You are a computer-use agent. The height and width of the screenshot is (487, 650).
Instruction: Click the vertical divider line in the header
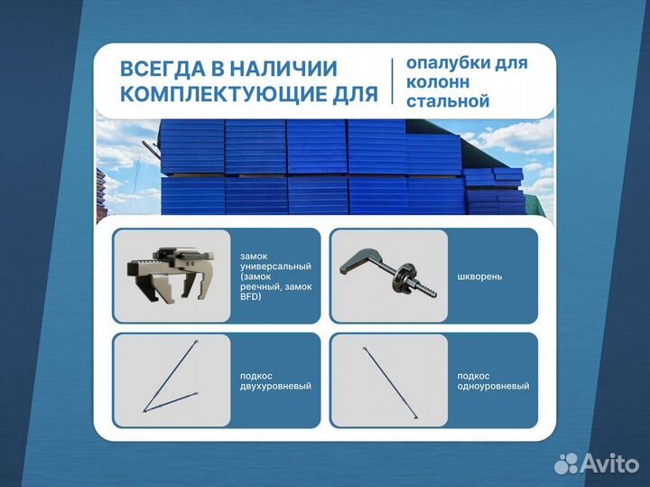point(393,81)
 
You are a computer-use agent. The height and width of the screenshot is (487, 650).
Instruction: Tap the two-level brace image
point(172,379)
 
